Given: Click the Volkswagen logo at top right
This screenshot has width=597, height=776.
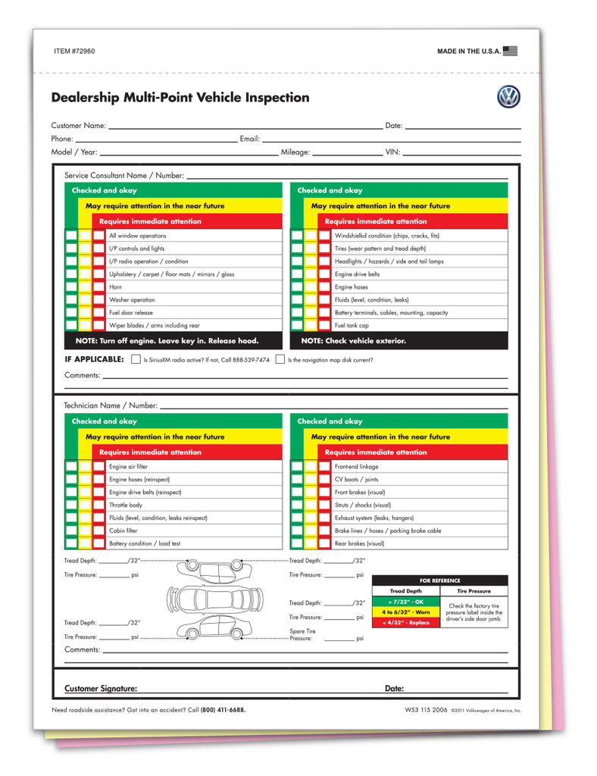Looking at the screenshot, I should [x=508, y=97].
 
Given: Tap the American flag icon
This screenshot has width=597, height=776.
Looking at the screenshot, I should [x=511, y=52].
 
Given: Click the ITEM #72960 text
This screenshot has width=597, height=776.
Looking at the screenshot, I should [x=74, y=52].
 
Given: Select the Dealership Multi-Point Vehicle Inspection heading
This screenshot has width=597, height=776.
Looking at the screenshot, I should [x=180, y=98].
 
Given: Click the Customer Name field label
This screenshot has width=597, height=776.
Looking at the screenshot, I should [x=78, y=126].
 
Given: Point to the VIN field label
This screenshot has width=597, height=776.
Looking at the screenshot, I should [x=392, y=152].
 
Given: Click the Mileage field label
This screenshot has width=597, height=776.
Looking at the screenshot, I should [x=295, y=152].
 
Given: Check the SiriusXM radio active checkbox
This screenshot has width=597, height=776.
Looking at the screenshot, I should [x=136, y=359].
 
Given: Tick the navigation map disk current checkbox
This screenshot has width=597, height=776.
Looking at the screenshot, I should [x=280, y=359].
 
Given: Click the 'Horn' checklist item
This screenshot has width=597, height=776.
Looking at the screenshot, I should [x=115, y=287].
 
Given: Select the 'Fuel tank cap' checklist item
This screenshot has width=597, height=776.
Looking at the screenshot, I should [x=352, y=326].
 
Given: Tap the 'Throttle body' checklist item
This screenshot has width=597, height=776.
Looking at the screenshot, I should [x=125, y=505].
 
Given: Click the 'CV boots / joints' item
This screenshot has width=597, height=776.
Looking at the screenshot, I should [x=356, y=480].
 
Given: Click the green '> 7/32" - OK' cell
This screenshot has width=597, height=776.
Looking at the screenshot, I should [x=405, y=601].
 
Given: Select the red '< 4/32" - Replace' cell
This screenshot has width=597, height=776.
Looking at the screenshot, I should [x=405, y=622].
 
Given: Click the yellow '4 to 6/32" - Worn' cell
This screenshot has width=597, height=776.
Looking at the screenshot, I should [x=405, y=612].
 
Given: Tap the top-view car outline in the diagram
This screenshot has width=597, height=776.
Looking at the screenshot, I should [x=214, y=599].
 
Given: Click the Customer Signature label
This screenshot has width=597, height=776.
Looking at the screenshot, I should [x=101, y=689].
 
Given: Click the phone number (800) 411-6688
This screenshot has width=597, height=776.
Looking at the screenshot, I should [x=223, y=710].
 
